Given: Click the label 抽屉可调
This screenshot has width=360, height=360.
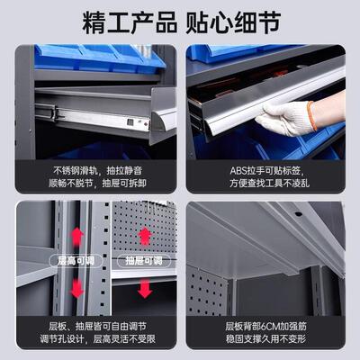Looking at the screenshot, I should tap(143, 261).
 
